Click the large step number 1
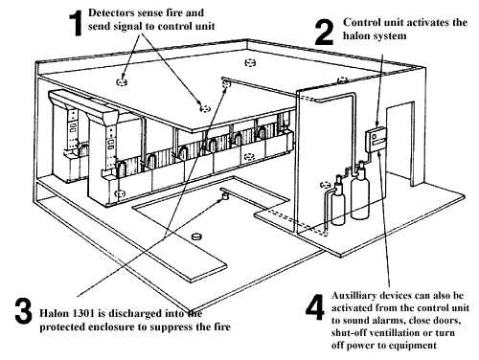[76, 23]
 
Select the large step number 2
[325, 32]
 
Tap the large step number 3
[24, 310]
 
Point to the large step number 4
[315, 307]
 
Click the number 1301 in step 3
[84, 313]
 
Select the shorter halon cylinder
[338, 201]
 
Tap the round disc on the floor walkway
[196, 236]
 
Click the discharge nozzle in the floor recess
[225, 195]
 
